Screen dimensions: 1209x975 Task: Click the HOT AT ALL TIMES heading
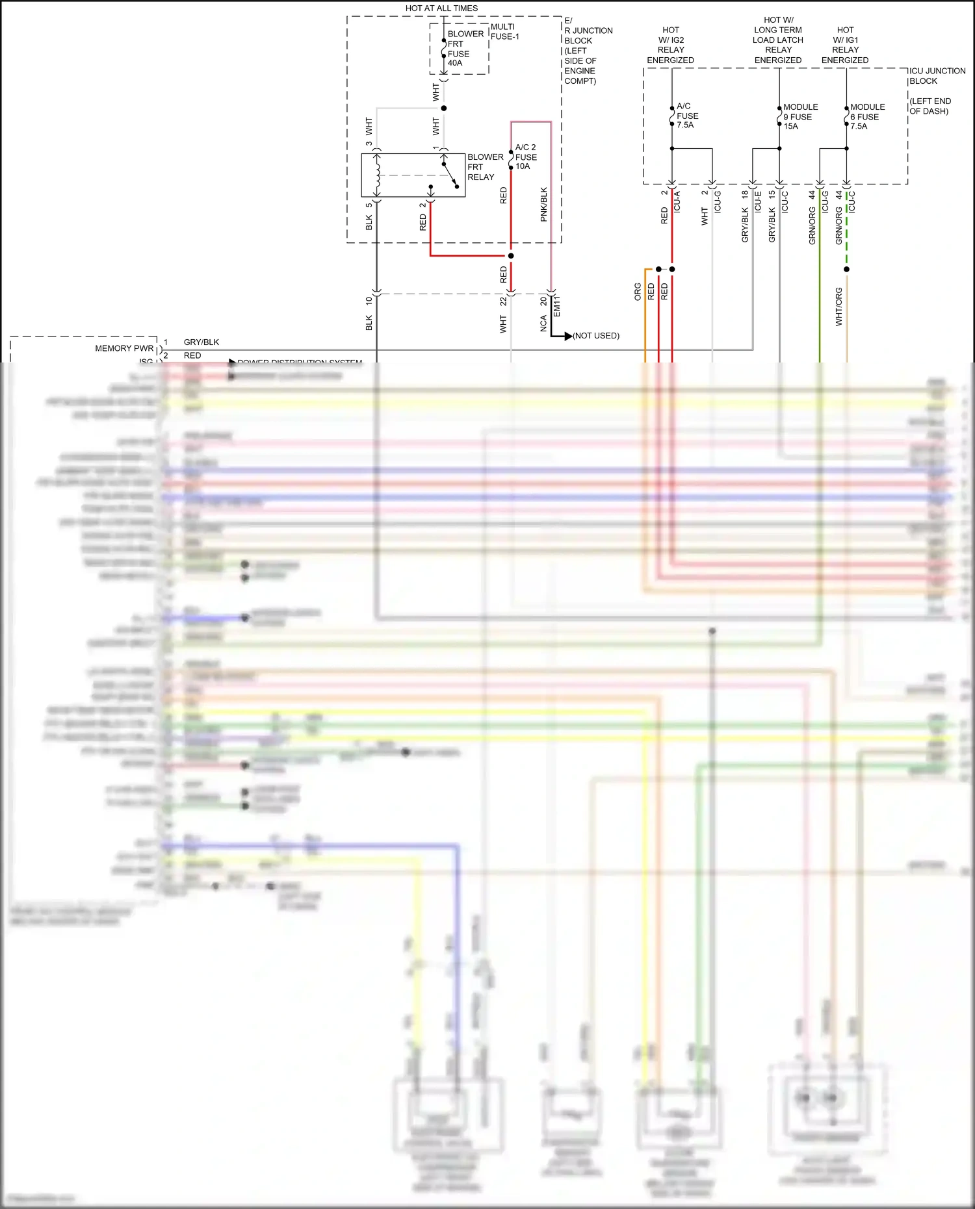(x=441, y=8)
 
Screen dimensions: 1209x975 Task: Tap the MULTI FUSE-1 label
(x=504, y=32)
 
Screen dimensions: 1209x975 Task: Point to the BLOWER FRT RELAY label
(x=485, y=167)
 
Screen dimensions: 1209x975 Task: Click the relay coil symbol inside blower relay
(x=378, y=174)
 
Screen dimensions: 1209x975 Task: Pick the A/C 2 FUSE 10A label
(x=525, y=157)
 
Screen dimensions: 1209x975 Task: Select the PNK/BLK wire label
(x=544, y=205)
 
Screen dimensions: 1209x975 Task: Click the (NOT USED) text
(x=596, y=336)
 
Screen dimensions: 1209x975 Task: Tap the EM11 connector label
(x=556, y=306)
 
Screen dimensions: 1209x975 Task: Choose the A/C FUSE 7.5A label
(x=687, y=116)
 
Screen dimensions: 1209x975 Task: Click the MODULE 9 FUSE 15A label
(x=799, y=117)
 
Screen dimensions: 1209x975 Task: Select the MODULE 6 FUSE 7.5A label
(x=866, y=117)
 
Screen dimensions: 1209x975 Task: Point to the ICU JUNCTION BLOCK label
(x=937, y=76)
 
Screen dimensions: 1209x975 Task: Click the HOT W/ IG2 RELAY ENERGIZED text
(x=670, y=45)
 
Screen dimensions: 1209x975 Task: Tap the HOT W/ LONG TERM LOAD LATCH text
(x=778, y=35)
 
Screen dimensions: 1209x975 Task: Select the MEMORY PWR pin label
(x=124, y=348)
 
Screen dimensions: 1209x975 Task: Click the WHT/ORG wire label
(x=838, y=307)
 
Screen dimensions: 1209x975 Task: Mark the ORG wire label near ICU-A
(x=638, y=292)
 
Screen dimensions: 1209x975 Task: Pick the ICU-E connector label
(x=758, y=201)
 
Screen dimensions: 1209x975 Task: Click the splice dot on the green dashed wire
(x=846, y=269)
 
